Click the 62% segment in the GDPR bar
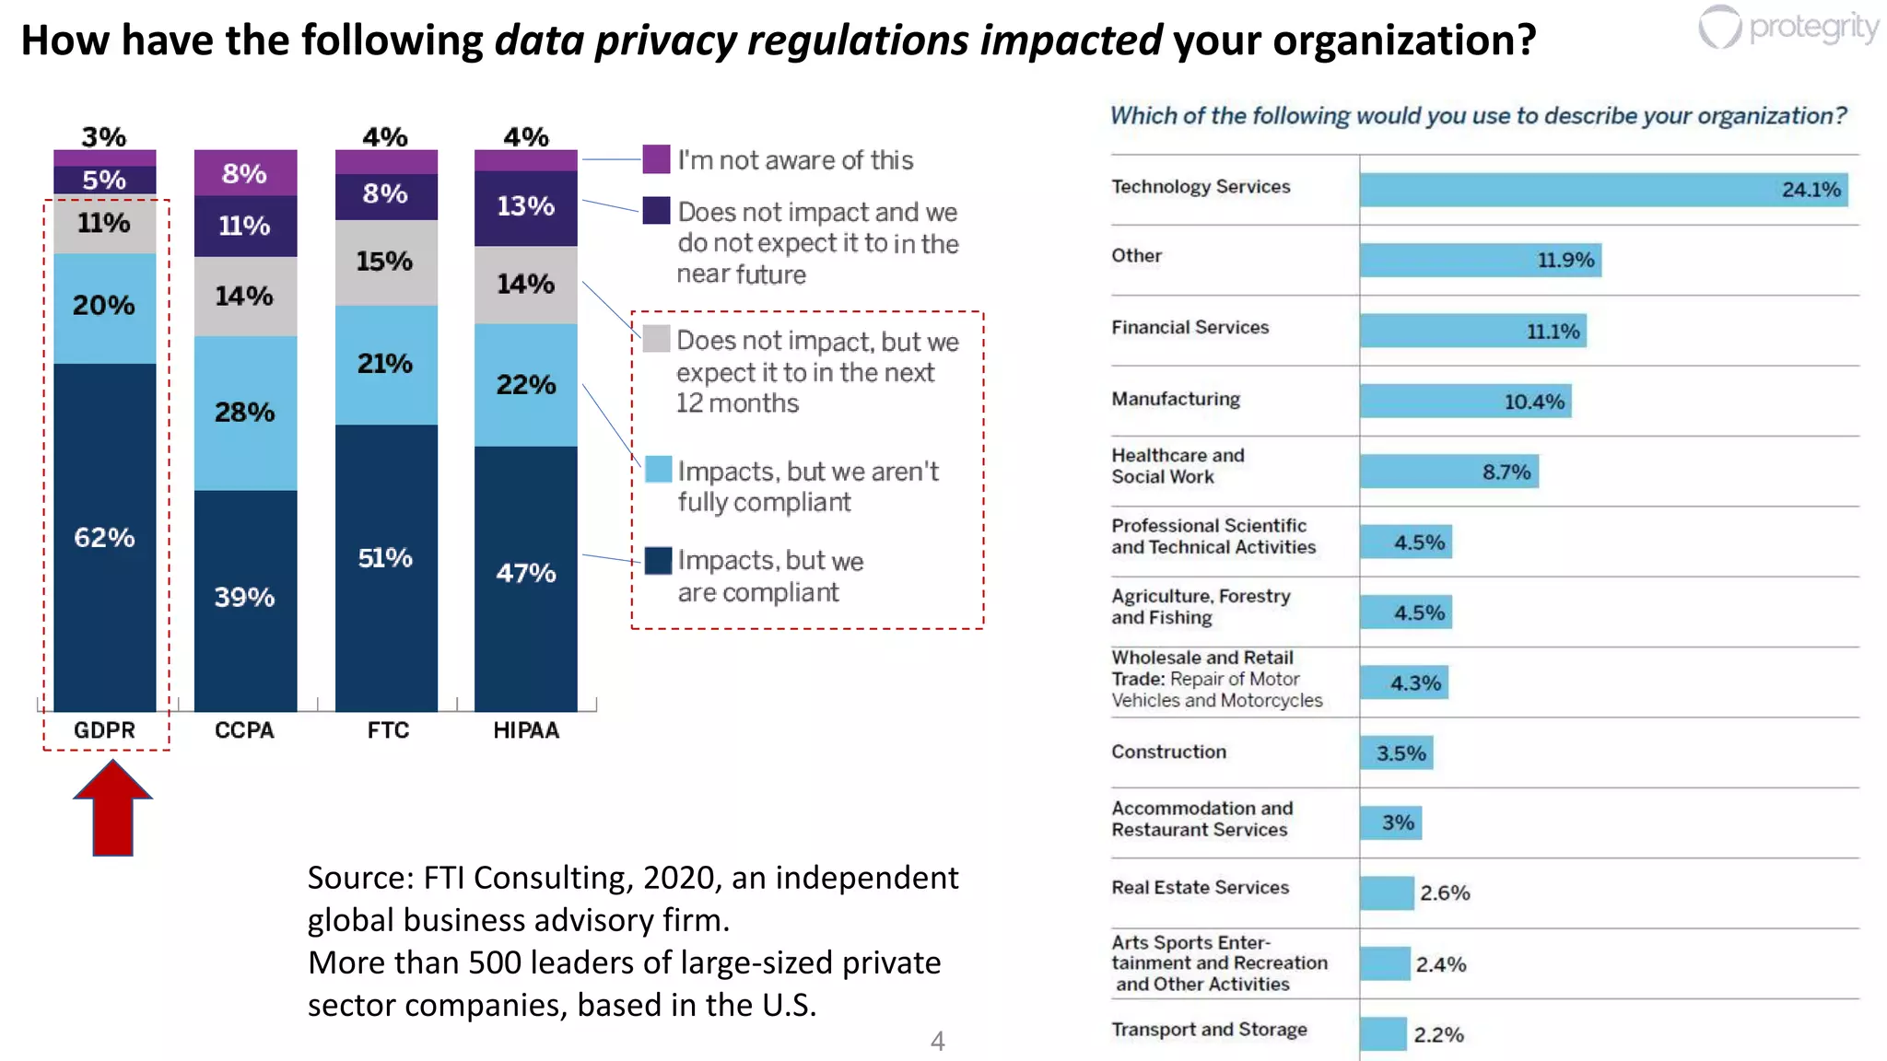click(x=104, y=537)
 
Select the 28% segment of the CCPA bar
click(x=245, y=412)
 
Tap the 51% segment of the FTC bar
click(x=385, y=558)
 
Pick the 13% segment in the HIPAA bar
click(x=525, y=206)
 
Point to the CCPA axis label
click(x=244, y=730)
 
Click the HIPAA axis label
click(x=525, y=730)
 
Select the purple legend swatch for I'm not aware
click(x=656, y=158)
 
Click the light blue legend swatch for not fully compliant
click(x=658, y=469)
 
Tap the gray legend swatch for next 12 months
click(x=656, y=339)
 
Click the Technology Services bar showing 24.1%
click(x=1603, y=190)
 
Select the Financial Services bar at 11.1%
click(x=1472, y=331)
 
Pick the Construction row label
click(x=1168, y=752)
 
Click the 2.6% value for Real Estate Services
click(x=1444, y=892)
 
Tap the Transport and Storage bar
click(x=1383, y=1033)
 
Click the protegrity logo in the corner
click(x=1787, y=28)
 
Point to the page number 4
click(x=937, y=1041)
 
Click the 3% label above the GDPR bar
click(x=103, y=136)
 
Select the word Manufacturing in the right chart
click(x=1175, y=399)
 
